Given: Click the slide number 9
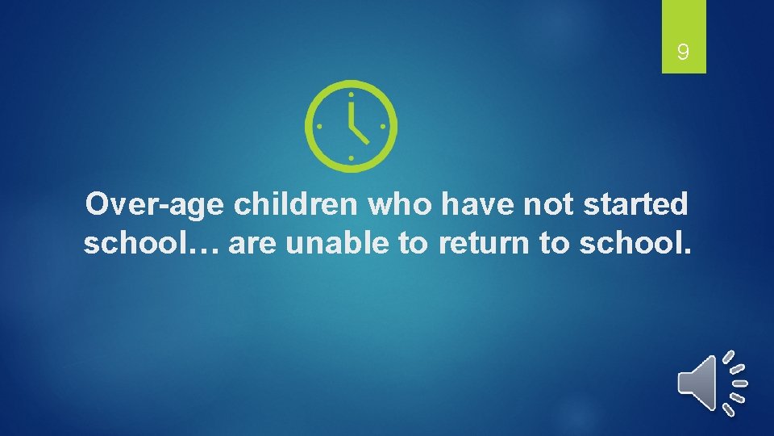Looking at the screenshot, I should pyautogui.click(x=683, y=53).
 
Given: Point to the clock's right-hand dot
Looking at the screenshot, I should pyautogui.click(x=382, y=127).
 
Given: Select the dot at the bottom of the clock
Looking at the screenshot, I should pyautogui.click(x=351, y=157).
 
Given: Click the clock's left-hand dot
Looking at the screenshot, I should pyautogui.click(x=318, y=127).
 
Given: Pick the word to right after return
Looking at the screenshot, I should pyautogui.click(x=555, y=243).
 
